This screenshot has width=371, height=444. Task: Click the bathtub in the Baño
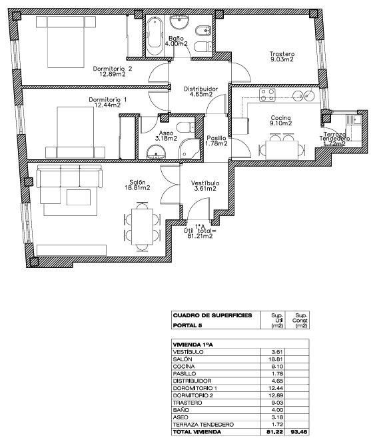(155, 34)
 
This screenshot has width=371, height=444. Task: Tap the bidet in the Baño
(203, 30)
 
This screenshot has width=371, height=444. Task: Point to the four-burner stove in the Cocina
(267, 95)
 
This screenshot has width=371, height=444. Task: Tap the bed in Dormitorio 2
(66, 41)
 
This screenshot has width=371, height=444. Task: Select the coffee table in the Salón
(79, 197)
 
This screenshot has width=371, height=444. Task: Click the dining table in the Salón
(142, 227)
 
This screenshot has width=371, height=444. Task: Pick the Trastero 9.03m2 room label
(282, 57)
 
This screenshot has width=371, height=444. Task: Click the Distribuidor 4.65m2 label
(200, 91)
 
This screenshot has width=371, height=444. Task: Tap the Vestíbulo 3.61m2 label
(205, 186)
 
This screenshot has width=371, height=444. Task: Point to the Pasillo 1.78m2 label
(216, 141)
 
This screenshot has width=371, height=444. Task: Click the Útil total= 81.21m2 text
(200, 231)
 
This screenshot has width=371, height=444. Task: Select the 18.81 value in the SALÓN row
(277, 359)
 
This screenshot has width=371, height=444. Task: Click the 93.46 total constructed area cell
(300, 432)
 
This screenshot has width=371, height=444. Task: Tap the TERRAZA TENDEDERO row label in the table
(203, 425)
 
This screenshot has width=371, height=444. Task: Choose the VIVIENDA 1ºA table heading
(192, 345)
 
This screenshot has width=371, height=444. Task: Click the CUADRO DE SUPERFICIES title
(212, 315)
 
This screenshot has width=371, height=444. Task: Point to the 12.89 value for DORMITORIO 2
(277, 395)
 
